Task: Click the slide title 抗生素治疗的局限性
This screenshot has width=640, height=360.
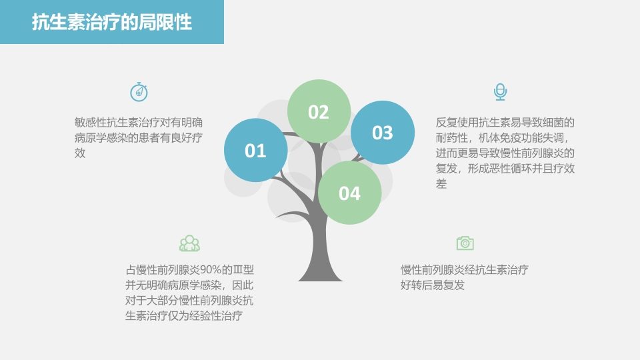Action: (x=112, y=23)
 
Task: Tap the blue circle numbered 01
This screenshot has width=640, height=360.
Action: (x=255, y=151)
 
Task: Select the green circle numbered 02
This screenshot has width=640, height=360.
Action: (x=319, y=112)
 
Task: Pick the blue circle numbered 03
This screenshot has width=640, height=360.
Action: (x=383, y=133)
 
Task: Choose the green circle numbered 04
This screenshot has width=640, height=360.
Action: (x=349, y=193)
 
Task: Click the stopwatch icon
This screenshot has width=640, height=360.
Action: (x=139, y=92)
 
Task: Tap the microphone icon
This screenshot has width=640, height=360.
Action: (x=500, y=92)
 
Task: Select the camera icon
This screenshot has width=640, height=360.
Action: (x=465, y=243)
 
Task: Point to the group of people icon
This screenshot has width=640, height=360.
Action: (x=189, y=243)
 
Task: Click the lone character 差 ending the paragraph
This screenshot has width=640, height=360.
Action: (x=441, y=184)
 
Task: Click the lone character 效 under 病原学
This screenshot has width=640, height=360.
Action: (x=80, y=153)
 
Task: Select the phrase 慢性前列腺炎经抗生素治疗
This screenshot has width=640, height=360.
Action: (x=465, y=270)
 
